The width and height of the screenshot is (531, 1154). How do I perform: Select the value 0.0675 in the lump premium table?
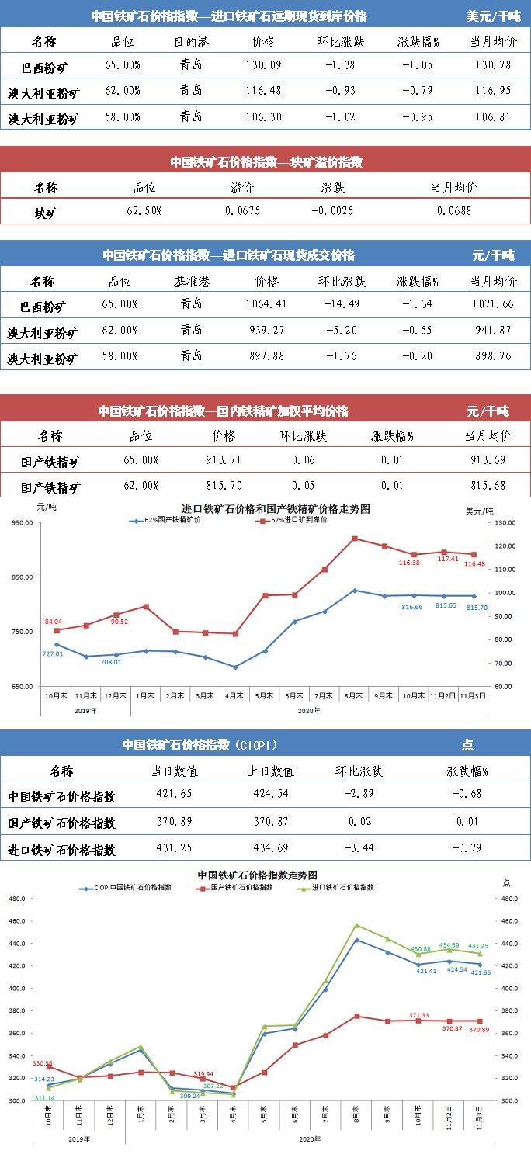coord(242,210)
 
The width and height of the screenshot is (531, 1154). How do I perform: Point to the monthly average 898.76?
coord(492,356)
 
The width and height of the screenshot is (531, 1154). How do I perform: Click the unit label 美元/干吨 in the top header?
coord(493,16)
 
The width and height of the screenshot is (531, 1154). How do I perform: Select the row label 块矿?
coord(46,211)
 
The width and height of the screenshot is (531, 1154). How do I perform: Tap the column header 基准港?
coord(191,281)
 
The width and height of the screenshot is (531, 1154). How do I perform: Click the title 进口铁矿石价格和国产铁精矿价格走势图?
coord(276,509)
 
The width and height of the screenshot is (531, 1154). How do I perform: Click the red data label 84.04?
coord(54,622)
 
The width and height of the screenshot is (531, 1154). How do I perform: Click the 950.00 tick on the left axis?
coord(20,523)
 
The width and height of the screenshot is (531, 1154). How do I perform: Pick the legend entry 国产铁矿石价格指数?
coord(241,887)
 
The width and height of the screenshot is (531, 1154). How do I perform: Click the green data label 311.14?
coord(44,1098)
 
